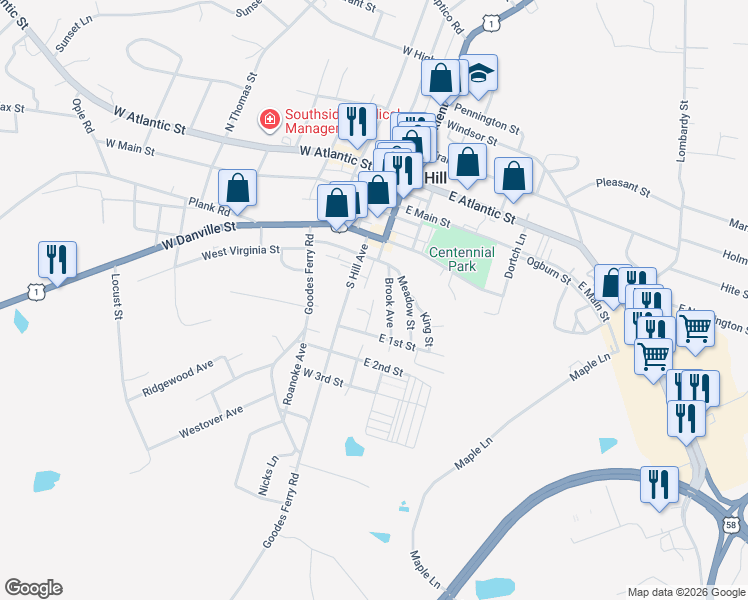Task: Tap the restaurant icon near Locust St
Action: click(x=56, y=260)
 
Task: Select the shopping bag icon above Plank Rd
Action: click(x=238, y=187)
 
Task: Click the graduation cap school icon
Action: click(x=480, y=73)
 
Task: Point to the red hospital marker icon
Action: click(x=269, y=121)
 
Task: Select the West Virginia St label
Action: click(x=241, y=252)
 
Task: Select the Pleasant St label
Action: click(x=622, y=186)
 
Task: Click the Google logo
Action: click(x=33, y=588)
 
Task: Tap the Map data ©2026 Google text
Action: click(x=685, y=591)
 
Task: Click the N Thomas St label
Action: click(x=241, y=100)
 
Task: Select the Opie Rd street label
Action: click(x=83, y=114)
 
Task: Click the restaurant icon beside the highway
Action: click(x=659, y=484)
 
